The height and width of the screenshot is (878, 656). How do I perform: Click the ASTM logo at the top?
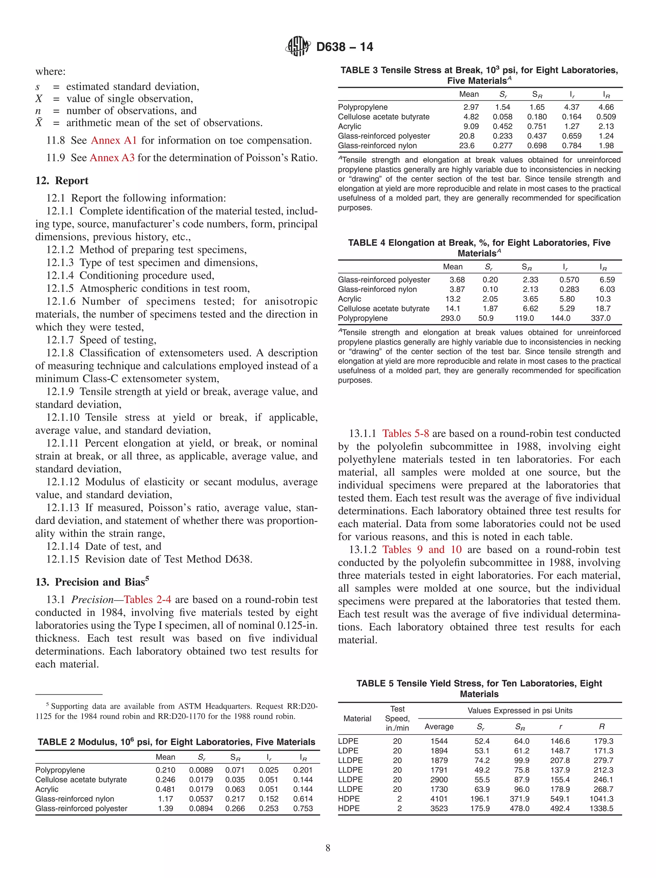pos(297,46)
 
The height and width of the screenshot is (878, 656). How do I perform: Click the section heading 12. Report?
pos(62,181)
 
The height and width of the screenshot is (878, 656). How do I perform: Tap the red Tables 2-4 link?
pos(147,599)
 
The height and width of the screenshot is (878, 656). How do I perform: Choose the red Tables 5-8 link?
pos(405,433)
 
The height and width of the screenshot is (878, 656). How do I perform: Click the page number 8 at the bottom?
pos(328,848)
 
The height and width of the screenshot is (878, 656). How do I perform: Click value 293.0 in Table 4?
pos(450,318)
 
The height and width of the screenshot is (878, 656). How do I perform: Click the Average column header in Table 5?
pos(439,727)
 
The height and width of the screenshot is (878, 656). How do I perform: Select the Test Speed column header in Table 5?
pos(397,718)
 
